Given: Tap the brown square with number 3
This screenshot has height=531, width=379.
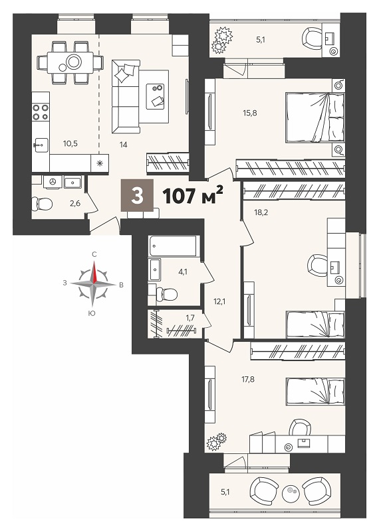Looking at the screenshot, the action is coord(137,196).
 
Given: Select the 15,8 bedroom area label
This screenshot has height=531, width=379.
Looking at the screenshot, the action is coord(250,113).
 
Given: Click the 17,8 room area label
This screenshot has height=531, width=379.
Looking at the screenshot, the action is coord(248,379).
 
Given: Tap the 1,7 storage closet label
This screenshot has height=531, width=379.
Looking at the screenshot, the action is coord(190,317).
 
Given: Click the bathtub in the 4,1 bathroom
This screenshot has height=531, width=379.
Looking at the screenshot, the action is coord(173,246).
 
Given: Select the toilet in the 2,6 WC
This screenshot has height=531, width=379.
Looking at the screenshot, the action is coord(42,204).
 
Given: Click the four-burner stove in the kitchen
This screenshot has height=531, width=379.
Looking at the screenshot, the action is coord(41,112).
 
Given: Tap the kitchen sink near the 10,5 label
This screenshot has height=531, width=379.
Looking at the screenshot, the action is coord(41,146).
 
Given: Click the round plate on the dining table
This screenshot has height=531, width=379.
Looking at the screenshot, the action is coord(74,62).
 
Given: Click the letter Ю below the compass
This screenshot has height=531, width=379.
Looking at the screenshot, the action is coord(92,314).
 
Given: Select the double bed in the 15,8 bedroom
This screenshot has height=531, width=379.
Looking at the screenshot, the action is coord(315,117).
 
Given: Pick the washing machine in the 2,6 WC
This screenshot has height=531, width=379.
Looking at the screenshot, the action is coord(53,181).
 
